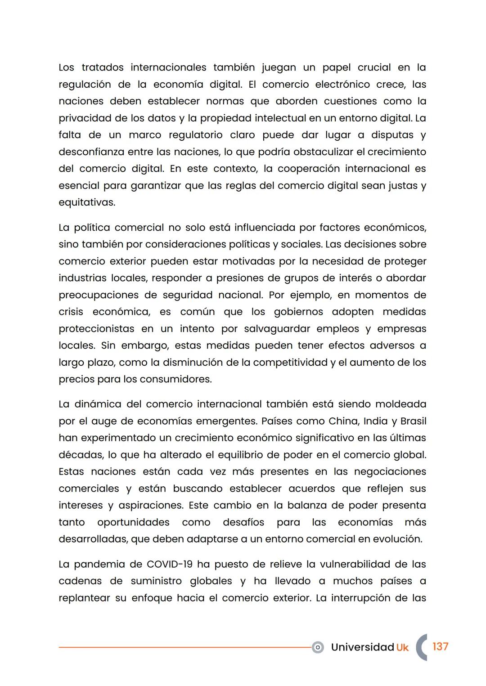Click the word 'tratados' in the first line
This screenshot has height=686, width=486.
[x=102, y=67]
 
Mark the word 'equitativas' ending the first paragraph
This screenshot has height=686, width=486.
[x=86, y=202]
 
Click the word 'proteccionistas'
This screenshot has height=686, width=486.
[x=96, y=329]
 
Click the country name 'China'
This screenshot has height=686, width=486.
[x=343, y=421]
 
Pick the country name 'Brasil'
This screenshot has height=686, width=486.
[x=413, y=421]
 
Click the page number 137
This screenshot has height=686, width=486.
[x=440, y=646]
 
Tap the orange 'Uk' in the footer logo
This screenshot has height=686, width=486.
[x=402, y=647]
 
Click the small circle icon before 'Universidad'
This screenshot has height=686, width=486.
[x=318, y=647]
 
